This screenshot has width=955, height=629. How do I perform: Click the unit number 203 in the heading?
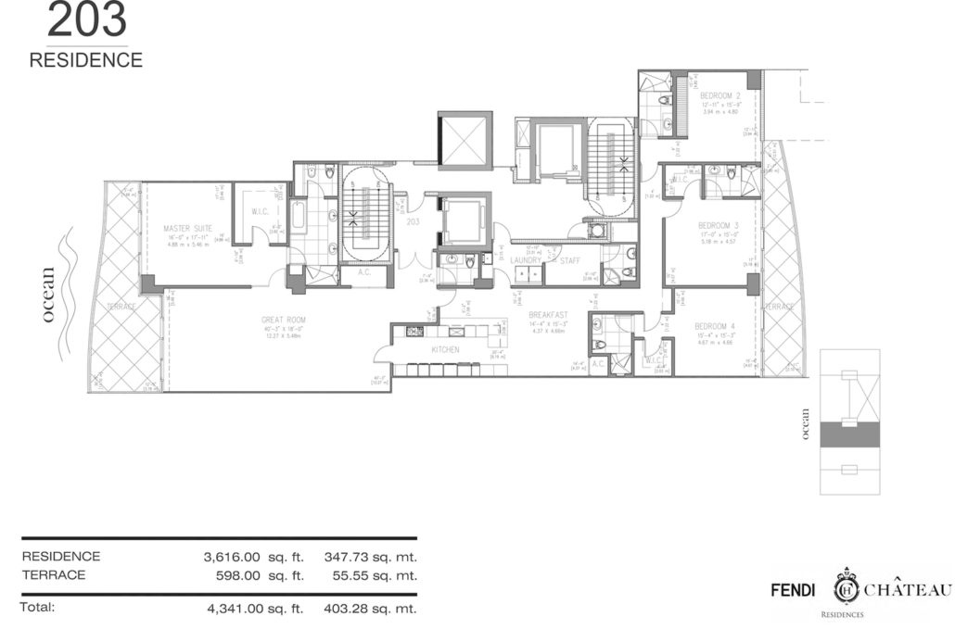click(86, 19)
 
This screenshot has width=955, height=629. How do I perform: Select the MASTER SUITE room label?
click(188, 228)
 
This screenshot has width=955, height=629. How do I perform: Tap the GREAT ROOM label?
click(284, 320)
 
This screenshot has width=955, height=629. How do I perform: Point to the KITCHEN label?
click(446, 350)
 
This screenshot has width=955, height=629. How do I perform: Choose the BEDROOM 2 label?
click(719, 96)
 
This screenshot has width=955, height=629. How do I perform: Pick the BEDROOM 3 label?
click(718, 226)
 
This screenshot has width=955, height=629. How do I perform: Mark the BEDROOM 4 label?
click(718, 325)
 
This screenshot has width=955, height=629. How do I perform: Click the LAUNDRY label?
click(526, 261)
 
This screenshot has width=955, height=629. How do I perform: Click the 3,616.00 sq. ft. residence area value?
click(254, 557)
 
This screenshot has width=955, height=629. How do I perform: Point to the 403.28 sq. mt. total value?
click(371, 609)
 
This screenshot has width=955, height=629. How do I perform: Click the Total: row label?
click(38, 608)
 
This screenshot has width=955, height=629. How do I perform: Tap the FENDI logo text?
click(795, 590)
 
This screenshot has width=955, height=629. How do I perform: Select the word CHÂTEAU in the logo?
click(909, 590)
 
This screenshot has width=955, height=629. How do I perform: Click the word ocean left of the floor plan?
click(48, 296)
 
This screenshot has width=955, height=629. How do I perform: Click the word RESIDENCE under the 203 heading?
click(86, 61)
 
